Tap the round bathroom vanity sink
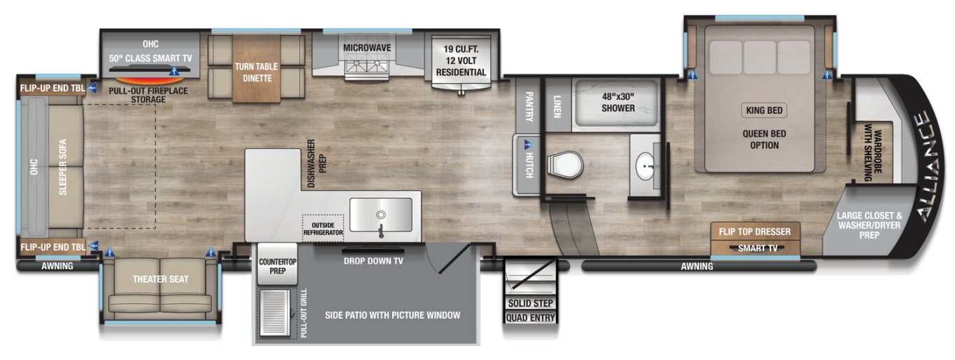pyautogui.click(x=647, y=166)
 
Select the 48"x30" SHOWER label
pyautogui.click(x=618, y=103)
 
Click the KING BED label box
pyautogui.click(x=764, y=110)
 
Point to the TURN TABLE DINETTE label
pyautogui.click(x=257, y=73)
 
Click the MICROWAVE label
pyautogui.click(x=367, y=48)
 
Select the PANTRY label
pyautogui.click(x=529, y=106)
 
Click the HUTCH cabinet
pyautogui.click(x=527, y=165)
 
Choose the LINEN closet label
pyautogui.click(x=557, y=106)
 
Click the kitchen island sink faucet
pyautogui.click(x=381, y=224)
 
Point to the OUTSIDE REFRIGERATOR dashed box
pyautogui.click(x=323, y=229)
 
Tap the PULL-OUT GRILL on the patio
pyautogui.click(x=275, y=313)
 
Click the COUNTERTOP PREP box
pyautogui.click(x=278, y=264)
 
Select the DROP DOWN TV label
pyautogui.click(x=373, y=261)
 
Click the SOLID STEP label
pyautogui.click(x=531, y=303)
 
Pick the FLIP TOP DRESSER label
pyautogui.click(x=754, y=232)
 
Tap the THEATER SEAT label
pyautogui.click(x=160, y=280)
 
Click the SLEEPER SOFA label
pyautogui.click(x=63, y=167)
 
